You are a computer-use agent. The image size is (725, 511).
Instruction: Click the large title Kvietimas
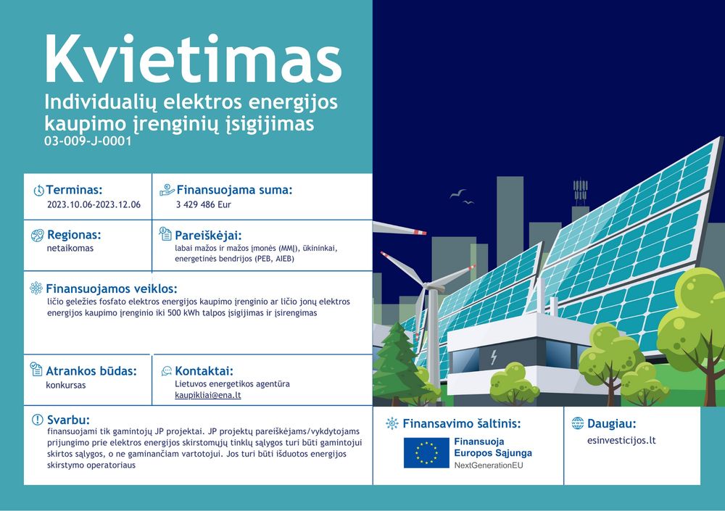194,59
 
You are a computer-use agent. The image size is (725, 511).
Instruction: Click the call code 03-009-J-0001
88,141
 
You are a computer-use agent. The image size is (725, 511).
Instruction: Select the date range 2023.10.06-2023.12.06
94,204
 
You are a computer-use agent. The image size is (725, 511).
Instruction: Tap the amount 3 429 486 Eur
203,204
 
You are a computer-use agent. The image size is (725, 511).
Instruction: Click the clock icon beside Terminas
39,190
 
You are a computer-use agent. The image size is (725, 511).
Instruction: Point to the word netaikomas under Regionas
70,249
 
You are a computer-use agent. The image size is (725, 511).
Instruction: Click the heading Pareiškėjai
208,235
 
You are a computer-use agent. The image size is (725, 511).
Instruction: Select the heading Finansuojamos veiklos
112,289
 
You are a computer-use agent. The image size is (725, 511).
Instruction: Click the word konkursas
66,385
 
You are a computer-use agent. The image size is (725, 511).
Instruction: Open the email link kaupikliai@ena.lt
207,395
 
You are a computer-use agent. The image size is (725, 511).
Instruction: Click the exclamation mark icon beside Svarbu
38,420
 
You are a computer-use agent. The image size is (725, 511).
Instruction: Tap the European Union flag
426,453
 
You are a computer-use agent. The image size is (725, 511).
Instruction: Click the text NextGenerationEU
488,465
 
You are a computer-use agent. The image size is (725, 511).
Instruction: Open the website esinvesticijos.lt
621,440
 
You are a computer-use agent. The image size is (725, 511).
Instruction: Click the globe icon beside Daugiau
578,423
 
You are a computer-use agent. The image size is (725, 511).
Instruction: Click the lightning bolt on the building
494,357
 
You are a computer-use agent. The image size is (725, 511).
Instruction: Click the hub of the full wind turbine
428,287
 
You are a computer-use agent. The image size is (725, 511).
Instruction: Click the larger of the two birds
457,194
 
